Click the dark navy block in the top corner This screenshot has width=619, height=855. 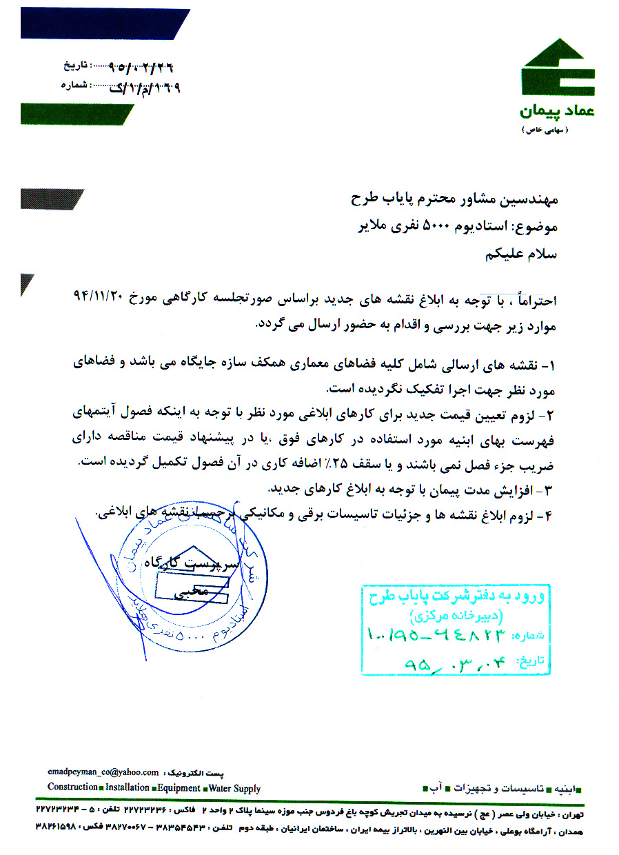103,23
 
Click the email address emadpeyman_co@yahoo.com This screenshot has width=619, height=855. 103,773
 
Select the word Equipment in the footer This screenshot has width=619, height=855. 179,788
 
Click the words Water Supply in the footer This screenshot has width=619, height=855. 234,788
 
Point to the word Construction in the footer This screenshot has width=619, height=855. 72,788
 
